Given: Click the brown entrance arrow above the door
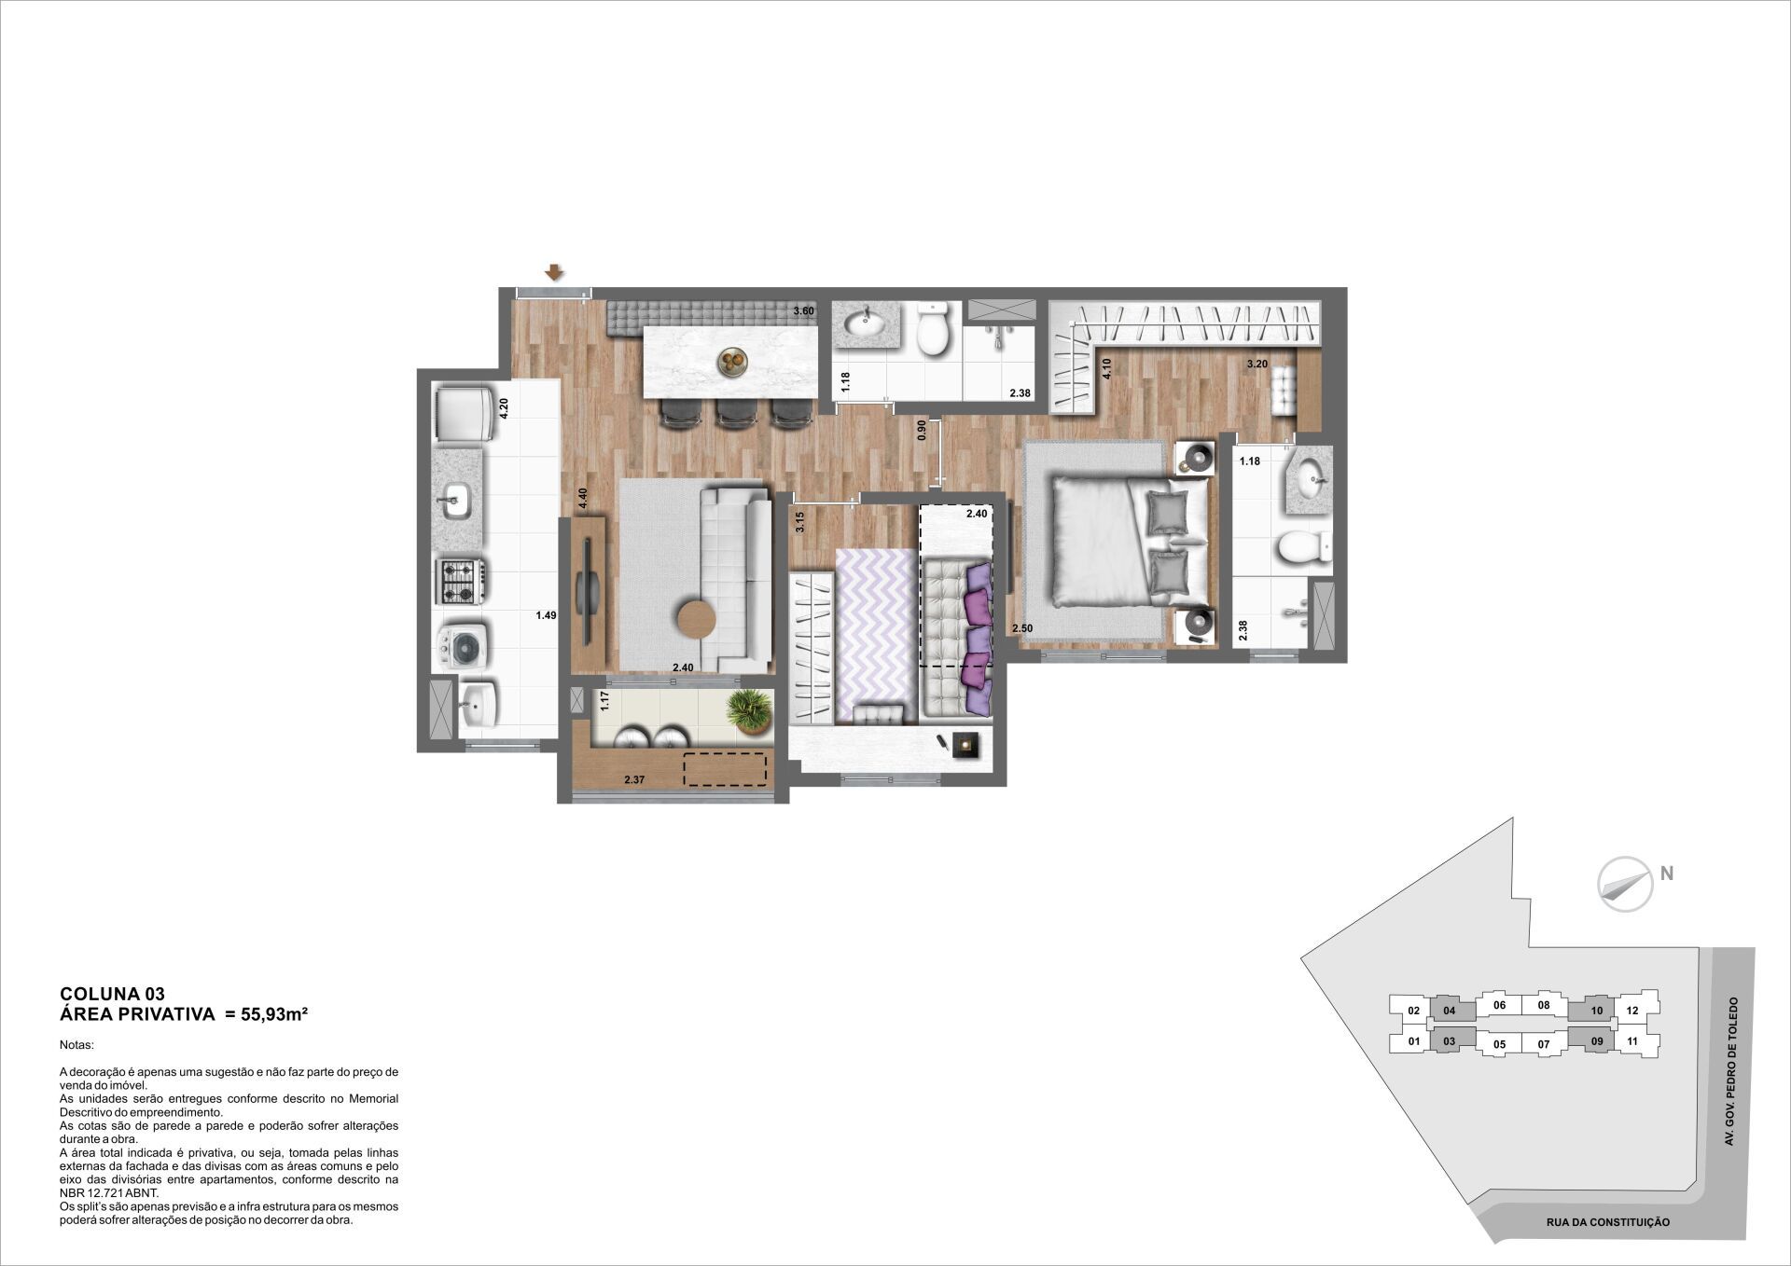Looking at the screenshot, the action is [554, 272].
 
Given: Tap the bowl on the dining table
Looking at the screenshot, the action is [732, 362].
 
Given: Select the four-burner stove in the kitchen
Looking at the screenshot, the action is [461, 581].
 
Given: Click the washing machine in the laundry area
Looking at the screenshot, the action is [461, 645].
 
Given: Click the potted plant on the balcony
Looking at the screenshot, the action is [749, 712].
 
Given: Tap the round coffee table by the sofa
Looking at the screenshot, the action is [697, 618].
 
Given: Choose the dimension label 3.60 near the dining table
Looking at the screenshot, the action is [803, 311].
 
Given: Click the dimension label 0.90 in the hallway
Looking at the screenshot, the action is [922, 430].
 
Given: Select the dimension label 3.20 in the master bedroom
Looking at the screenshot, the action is [1257, 364].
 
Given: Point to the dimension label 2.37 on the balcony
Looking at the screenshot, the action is [634, 779].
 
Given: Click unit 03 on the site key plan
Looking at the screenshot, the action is [1449, 1041].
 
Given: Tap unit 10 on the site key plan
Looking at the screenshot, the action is [1596, 1010].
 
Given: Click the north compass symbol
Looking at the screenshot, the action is [1625, 883].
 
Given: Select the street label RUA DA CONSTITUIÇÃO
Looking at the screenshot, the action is [1608, 1222].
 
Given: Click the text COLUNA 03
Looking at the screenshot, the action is [112, 994].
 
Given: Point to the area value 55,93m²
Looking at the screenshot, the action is [274, 1014].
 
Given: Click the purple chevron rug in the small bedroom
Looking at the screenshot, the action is [875, 635].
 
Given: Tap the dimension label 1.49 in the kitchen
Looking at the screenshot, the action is [546, 615].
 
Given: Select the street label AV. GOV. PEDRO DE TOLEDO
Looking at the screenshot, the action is [1733, 1071].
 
